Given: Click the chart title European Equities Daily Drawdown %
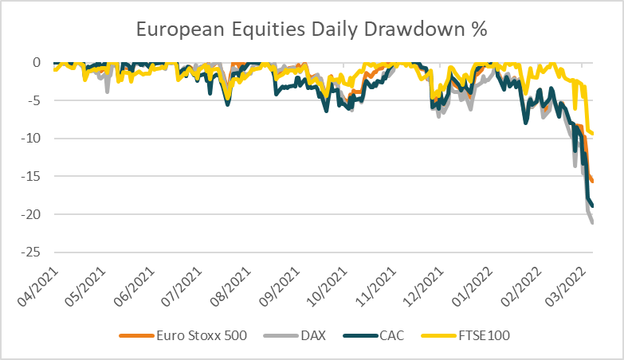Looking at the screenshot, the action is click(312, 29).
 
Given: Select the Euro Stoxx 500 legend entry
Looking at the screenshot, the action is click(183, 335).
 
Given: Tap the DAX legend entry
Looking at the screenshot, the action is click(295, 335).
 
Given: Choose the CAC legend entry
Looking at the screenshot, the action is click(373, 335).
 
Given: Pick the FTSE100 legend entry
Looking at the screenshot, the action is click(465, 335).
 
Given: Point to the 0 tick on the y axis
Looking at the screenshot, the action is click(37, 62).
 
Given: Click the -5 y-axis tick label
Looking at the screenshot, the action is click(33, 100).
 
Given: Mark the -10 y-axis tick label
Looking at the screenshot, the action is click(30, 139).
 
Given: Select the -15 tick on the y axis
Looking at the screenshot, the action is click(30, 176).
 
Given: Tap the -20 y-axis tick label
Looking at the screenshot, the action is click(30, 214).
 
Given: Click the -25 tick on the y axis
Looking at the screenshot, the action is click(30, 252).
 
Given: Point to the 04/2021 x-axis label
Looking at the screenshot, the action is click(37, 287).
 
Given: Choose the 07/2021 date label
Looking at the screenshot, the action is click(182, 287).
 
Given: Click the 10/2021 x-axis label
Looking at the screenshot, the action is click(328, 287).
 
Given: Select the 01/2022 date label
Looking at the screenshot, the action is click(473, 287).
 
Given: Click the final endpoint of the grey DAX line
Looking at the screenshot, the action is click(593, 223).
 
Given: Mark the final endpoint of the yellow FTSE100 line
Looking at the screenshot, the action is click(593, 134).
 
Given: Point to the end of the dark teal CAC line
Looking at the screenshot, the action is click(593, 205).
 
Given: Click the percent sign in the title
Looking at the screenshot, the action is click(480, 29).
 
